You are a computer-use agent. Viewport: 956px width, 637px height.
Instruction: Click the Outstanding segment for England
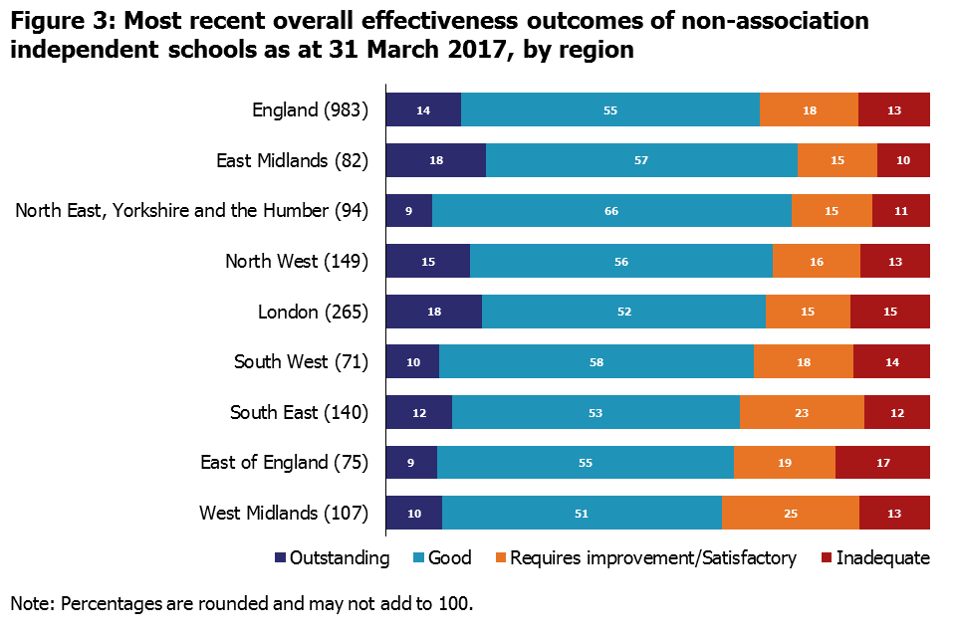click(423, 109)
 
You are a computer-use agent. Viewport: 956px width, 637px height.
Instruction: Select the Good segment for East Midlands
click(641, 160)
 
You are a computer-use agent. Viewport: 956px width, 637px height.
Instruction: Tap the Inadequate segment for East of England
click(882, 463)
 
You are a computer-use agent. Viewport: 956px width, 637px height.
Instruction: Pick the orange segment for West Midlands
click(791, 513)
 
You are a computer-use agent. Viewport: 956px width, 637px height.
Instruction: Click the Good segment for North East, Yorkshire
click(611, 211)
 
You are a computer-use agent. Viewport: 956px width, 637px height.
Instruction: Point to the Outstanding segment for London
click(433, 312)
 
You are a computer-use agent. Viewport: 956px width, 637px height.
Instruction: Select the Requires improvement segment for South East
click(802, 412)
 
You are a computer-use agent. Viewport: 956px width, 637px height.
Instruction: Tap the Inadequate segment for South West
click(891, 362)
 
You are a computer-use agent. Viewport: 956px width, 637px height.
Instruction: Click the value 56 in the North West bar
click(621, 262)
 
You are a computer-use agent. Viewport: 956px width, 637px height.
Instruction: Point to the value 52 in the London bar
click(624, 312)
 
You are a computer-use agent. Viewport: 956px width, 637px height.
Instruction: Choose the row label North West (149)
click(297, 262)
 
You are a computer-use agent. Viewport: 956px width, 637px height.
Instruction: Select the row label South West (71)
click(301, 362)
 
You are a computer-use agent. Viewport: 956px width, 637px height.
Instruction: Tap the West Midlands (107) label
click(284, 514)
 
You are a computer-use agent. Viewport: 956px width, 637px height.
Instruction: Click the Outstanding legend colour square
click(280, 558)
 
